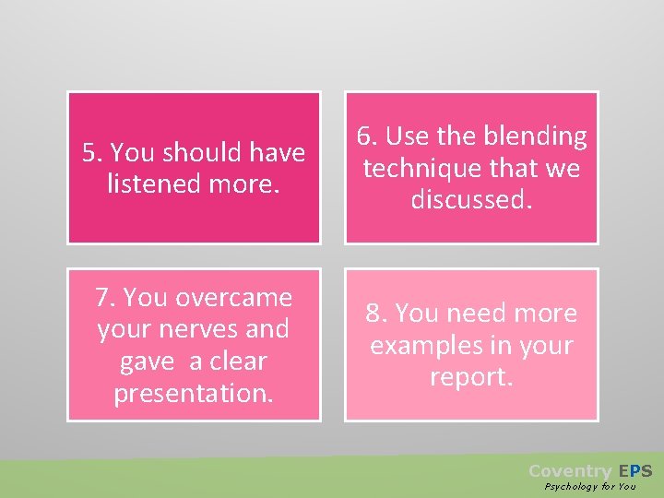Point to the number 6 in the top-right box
coord(365,136)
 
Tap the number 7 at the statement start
coord(103,298)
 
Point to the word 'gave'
coord(147,361)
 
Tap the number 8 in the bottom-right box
coord(373,314)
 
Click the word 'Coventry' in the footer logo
coord(569,470)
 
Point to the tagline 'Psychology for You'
coord(590,486)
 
